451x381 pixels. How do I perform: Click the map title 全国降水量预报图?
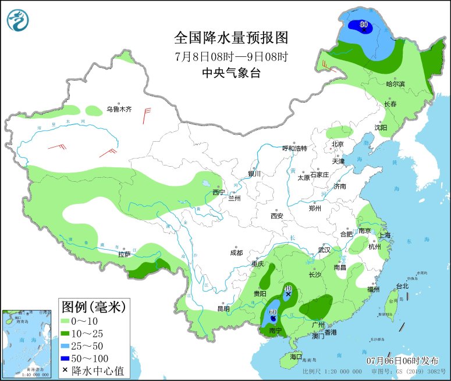(231, 38)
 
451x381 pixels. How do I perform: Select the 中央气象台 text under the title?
(231, 73)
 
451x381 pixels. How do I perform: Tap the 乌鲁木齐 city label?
(119, 109)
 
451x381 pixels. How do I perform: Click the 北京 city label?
(338, 144)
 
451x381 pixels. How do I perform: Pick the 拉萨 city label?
(124, 254)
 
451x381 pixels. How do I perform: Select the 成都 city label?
(236, 253)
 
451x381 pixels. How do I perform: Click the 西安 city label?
(276, 216)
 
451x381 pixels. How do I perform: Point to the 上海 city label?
(384, 235)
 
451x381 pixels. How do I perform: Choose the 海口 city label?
(296, 356)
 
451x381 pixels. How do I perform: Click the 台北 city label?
(402, 286)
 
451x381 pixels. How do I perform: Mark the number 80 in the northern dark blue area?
(364, 24)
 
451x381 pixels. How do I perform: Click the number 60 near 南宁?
(272, 312)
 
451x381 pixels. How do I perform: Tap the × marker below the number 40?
(287, 294)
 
